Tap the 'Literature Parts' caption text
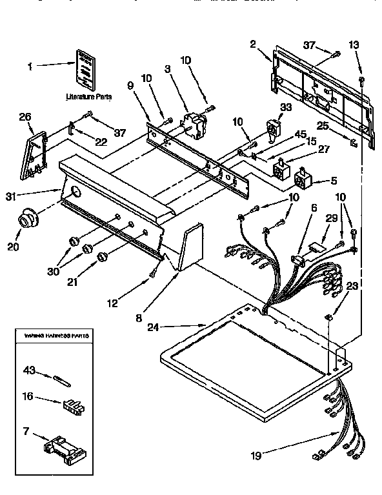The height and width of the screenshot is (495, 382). click(x=89, y=97)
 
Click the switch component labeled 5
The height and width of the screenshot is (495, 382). click(x=303, y=178)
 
